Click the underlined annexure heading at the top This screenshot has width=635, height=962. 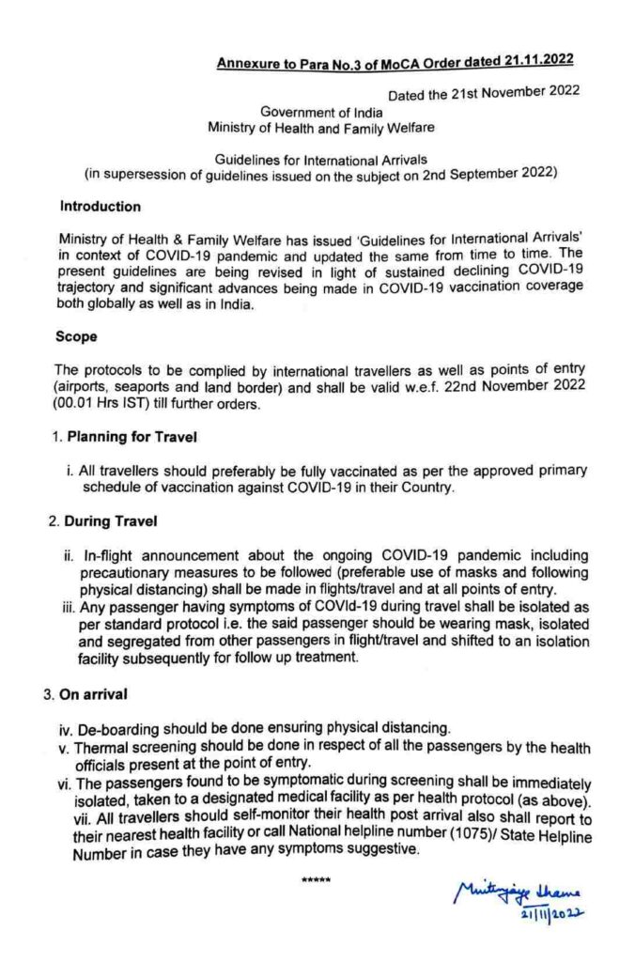(x=396, y=63)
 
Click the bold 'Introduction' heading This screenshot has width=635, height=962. (x=101, y=206)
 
